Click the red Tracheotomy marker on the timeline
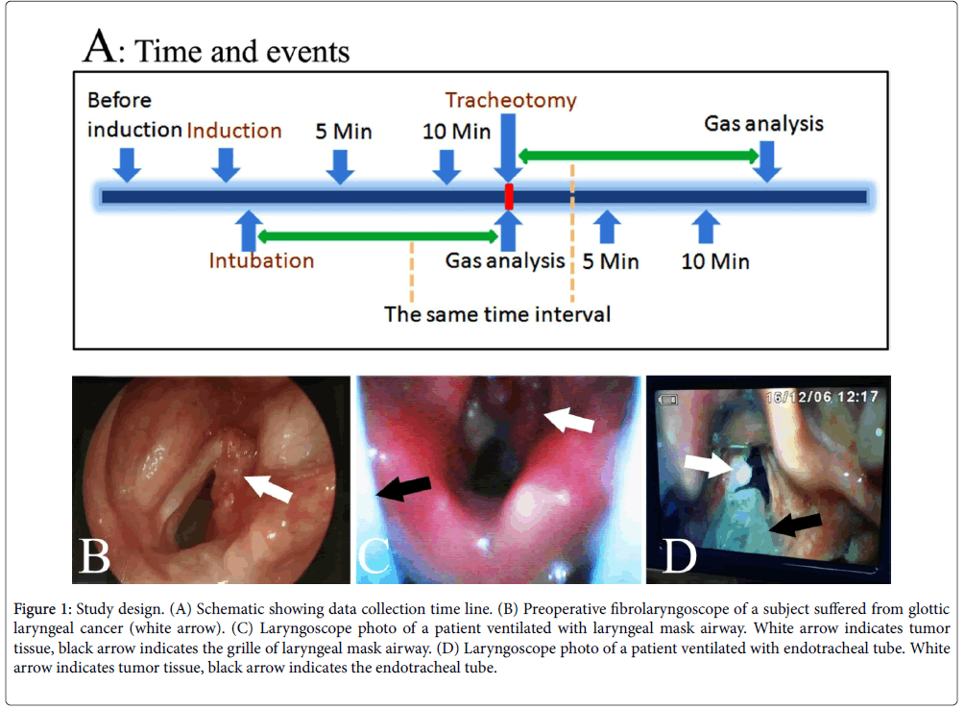(509, 196)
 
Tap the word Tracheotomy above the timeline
(510, 100)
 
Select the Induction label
(234, 131)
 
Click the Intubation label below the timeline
(262, 259)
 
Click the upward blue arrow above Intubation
(247, 230)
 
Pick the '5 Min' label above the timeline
(345, 132)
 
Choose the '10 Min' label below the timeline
(715, 260)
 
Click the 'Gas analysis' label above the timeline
(763, 124)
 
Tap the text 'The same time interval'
(497, 313)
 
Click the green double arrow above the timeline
(639, 154)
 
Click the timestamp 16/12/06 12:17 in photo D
(824, 397)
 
